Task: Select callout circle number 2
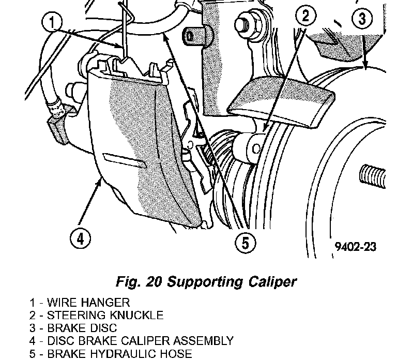307,16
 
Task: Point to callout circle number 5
246,242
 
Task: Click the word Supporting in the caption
202,282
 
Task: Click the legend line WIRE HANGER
83,302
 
